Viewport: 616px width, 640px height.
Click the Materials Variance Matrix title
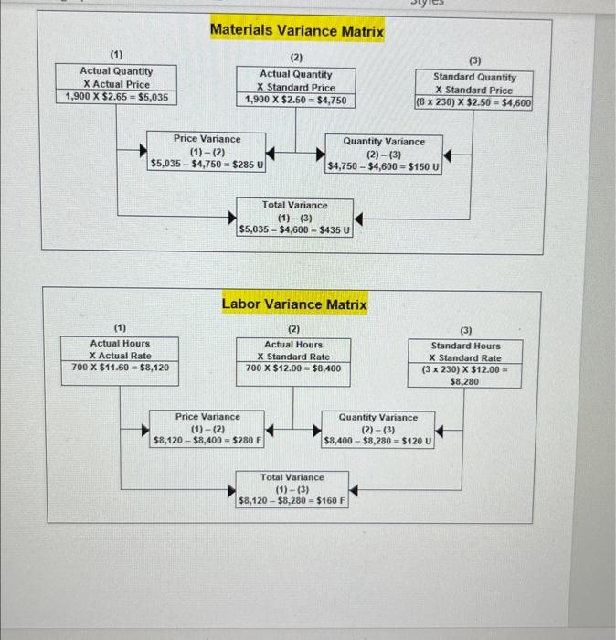click(x=297, y=31)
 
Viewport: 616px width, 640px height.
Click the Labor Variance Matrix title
click(x=294, y=304)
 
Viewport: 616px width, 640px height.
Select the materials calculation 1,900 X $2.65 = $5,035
click(x=116, y=96)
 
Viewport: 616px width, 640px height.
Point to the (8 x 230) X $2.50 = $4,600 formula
click(x=473, y=103)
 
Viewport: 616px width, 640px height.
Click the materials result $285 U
click(x=246, y=165)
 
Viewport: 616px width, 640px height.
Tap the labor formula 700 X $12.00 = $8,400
click(x=293, y=368)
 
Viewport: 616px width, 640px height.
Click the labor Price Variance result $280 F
click(x=246, y=441)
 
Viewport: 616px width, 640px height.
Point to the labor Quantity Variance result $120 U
click(x=416, y=442)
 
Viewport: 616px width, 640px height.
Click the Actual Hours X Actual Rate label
click(x=120, y=349)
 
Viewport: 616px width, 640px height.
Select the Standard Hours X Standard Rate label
click(x=466, y=352)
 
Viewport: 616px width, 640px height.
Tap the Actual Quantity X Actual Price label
click(x=116, y=78)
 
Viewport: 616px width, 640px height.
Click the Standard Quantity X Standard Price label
click(x=473, y=84)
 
